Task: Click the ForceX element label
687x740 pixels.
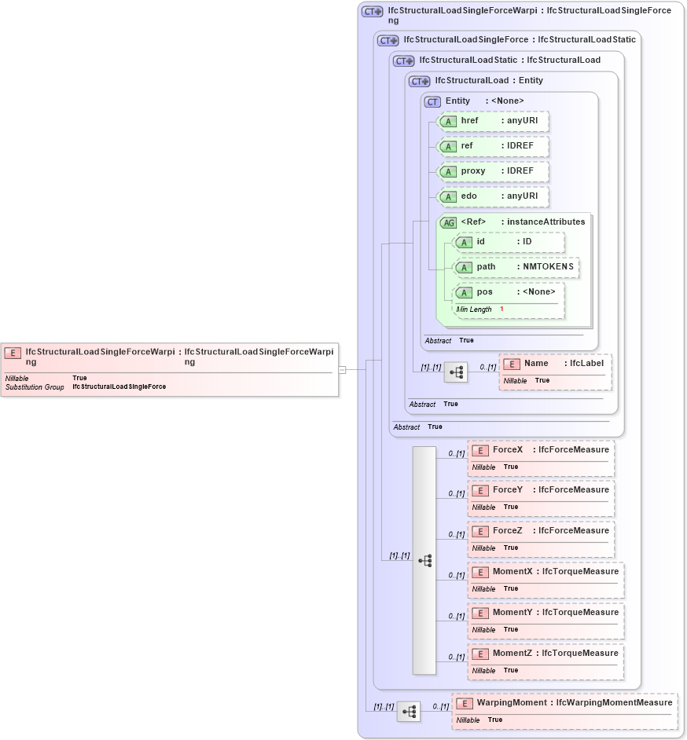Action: (507, 449)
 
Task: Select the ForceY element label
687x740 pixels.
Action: (507, 490)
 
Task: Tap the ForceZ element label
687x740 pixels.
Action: (507, 531)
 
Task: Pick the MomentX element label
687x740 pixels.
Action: (512, 572)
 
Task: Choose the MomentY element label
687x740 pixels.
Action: (512, 613)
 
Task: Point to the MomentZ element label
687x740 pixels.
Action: (512, 654)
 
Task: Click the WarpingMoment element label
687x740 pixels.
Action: (511, 702)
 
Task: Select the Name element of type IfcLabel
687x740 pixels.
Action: (536, 364)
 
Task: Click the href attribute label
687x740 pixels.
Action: (469, 121)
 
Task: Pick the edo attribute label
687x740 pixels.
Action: (468, 196)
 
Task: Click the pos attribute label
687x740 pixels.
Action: (484, 292)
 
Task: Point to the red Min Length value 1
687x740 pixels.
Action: (501, 310)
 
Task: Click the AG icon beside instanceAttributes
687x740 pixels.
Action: (448, 222)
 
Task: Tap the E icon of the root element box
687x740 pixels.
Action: (13, 353)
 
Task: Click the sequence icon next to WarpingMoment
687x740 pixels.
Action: (409, 712)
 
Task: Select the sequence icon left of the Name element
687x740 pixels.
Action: (456, 372)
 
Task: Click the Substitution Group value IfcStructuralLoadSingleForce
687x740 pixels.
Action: (119, 387)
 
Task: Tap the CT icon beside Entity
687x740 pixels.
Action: (432, 101)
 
